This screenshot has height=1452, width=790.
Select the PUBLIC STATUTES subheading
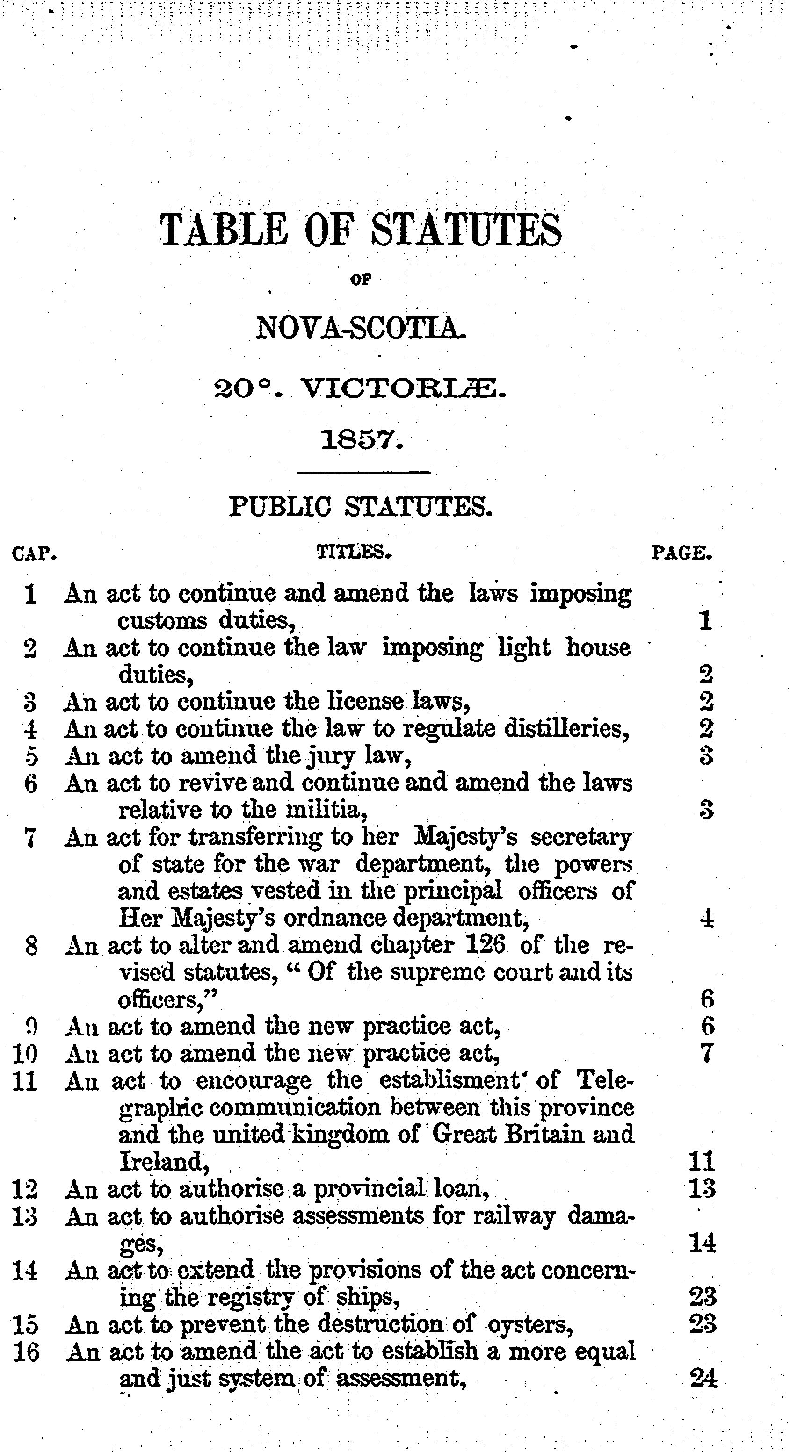pyautogui.click(x=361, y=506)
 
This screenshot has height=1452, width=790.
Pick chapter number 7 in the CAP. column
pyautogui.click(x=31, y=838)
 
